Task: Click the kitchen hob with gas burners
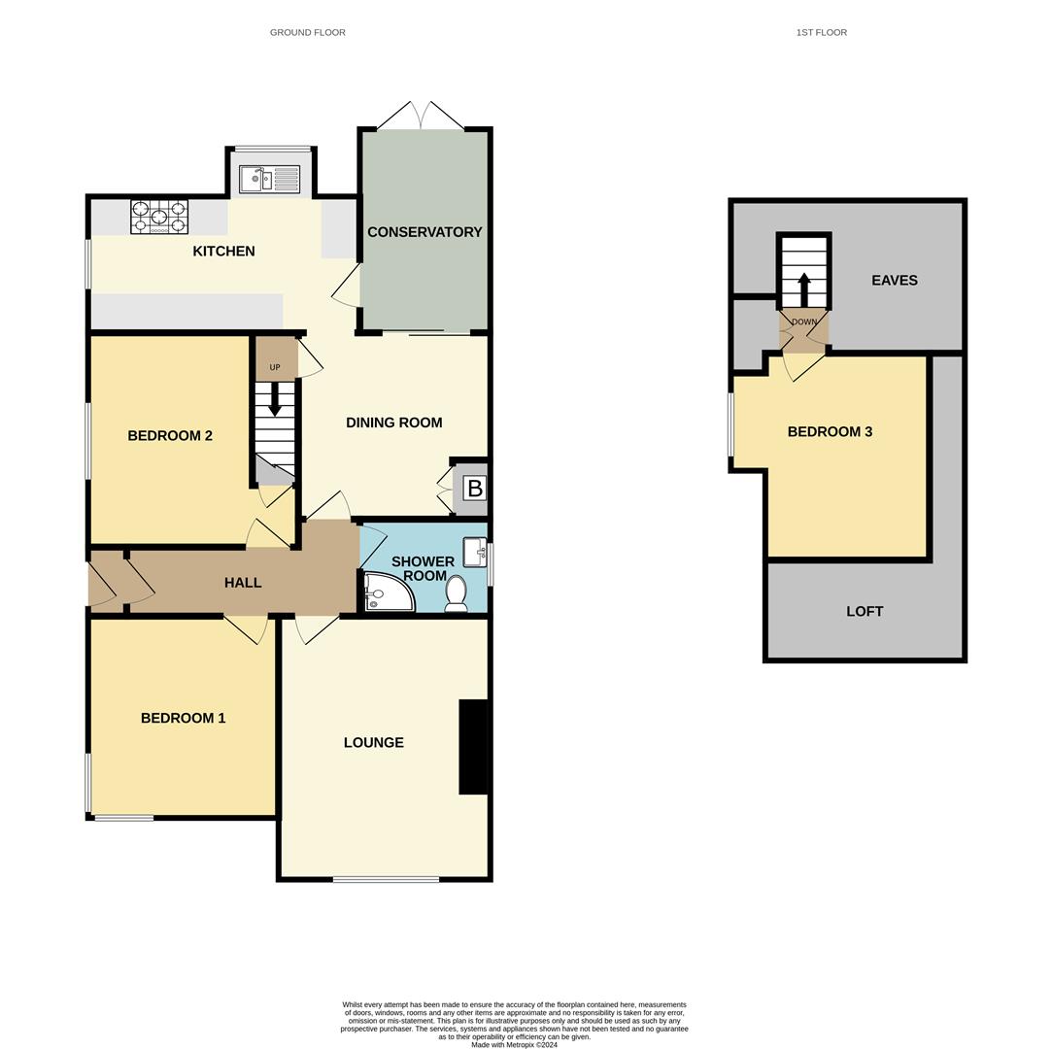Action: [159, 217]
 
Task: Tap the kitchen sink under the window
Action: [271, 179]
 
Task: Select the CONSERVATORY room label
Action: [424, 232]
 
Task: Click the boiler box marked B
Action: [474, 489]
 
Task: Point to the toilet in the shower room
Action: [456, 593]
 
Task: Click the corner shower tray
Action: [388, 592]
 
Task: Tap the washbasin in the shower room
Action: [474, 552]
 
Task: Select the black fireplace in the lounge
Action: [472, 747]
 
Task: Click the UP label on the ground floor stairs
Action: [275, 367]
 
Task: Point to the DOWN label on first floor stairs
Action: [804, 321]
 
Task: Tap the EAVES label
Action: [894, 281]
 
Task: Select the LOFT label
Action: [865, 612]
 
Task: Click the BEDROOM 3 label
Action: [830, 432]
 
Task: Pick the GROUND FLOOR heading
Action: [307, 33]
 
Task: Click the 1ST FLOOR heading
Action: [821, 33]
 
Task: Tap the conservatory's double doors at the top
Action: [421, 116]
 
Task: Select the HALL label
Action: [243, 583]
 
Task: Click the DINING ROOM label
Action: [393, 423]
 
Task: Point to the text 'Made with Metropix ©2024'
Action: [514, 1045]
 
